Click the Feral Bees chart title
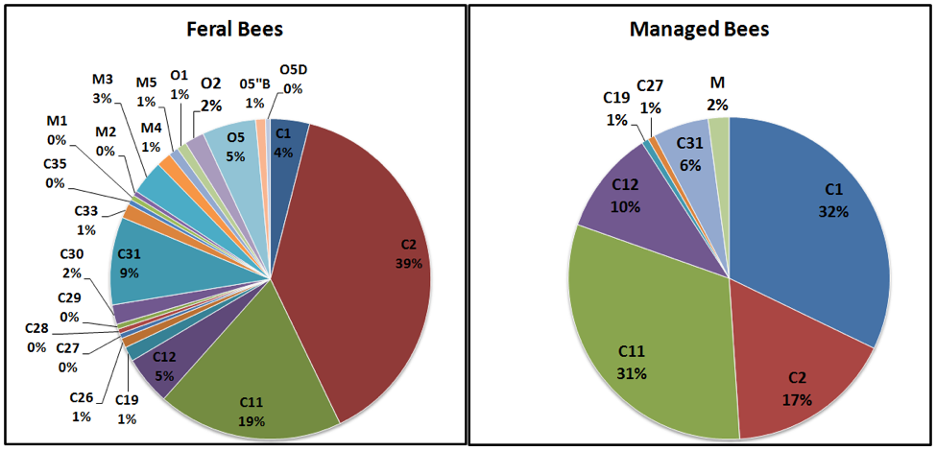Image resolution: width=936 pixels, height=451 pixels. pos(235,29)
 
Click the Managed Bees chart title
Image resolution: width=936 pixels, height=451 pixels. pos(699,29)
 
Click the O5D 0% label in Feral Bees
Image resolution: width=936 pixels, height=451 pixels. pos(292,79)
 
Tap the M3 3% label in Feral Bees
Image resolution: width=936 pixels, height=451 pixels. pos(103,87)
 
